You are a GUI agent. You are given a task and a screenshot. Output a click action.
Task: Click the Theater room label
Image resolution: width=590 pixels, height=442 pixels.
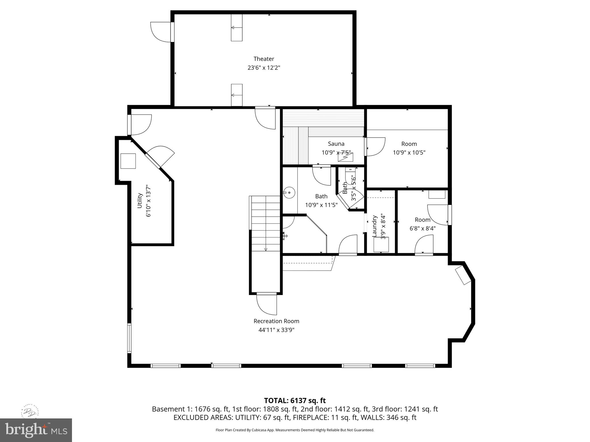[x=264, y=59]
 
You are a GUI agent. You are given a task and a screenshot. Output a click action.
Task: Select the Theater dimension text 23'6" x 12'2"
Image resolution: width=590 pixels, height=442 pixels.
[x=264, y=68]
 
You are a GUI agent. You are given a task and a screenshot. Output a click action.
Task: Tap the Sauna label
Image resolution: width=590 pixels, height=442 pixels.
[x=336, y=144]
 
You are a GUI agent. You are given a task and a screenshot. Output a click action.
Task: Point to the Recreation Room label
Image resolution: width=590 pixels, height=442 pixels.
[x=276, y=321]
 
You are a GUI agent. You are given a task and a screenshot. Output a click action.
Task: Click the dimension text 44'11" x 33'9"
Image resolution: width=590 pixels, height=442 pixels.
[x=276, y=330]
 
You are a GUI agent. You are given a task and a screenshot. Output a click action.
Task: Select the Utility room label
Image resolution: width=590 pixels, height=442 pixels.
[x=140, y=201]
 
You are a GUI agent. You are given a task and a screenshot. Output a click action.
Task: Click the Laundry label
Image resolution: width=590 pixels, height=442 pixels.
[x=375, y=226]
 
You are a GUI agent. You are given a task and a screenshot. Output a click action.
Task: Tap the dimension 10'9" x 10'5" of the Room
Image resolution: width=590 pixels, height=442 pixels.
[x=409, y=153]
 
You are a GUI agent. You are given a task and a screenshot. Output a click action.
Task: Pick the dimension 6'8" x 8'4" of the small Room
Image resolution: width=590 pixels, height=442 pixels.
[x=422, y=228]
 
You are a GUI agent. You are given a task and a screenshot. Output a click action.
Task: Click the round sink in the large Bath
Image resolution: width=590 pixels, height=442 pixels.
[x=289, y=193]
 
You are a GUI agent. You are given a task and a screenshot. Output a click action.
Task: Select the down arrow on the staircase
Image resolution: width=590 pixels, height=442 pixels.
[x=266, y=249]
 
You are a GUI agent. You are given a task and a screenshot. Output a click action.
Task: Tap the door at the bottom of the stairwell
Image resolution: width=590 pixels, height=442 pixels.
[x=267, y=304]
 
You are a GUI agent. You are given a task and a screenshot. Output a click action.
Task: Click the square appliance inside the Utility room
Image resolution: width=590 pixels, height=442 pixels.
[x=128, y=161]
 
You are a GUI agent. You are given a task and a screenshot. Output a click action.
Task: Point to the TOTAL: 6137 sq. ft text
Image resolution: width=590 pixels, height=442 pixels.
[x=295, y=400]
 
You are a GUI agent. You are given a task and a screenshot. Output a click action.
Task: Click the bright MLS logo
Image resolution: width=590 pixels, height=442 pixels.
[x=36, y=430]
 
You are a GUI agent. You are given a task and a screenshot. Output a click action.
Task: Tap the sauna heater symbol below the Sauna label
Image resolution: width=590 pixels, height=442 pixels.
[x=345, y=158]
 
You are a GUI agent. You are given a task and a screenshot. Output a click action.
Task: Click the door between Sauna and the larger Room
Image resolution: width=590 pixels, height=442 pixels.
[x=375, y=147]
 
